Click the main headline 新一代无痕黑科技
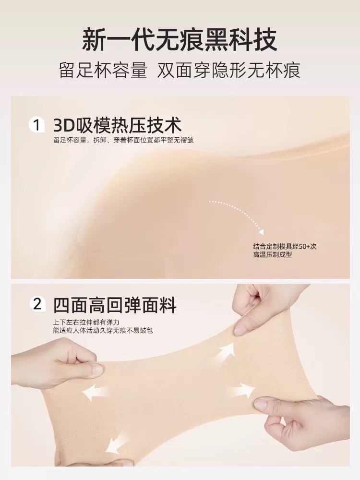tap(180, 40)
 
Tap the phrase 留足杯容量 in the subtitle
tap(103, 71)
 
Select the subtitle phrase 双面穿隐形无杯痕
tap(229, 71)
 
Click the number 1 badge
tap(37, 125)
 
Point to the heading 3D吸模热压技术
tap(117, 125)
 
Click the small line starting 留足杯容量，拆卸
tap(123, 140)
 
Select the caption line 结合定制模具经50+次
tap(285, 247)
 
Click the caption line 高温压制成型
tap(273, 255)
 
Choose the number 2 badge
tap(37, 305)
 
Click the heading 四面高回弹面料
tap(115, 305)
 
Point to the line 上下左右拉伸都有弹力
tap(86, 323)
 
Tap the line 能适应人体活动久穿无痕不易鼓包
tap(103, 330)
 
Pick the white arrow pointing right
tap(243, 390)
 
